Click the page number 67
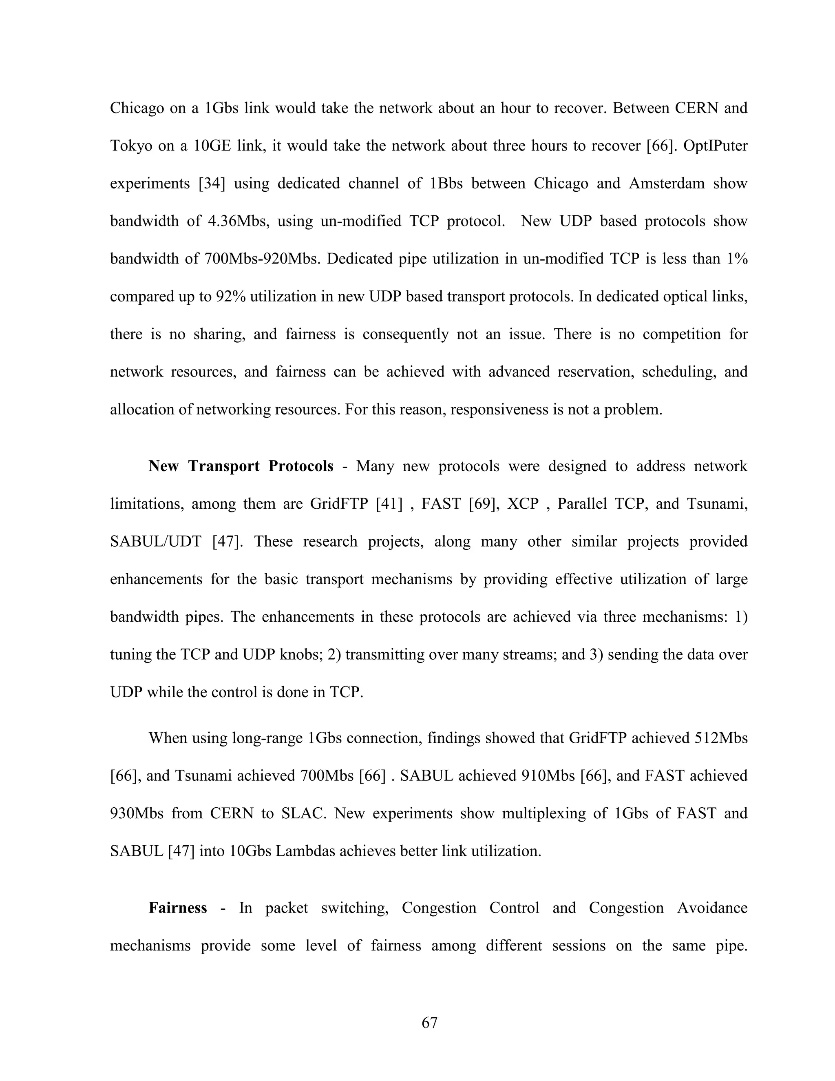coord(429,1023)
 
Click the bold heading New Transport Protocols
coord(241,466)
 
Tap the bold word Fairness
coord(178,908)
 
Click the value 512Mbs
coord(721,738)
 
